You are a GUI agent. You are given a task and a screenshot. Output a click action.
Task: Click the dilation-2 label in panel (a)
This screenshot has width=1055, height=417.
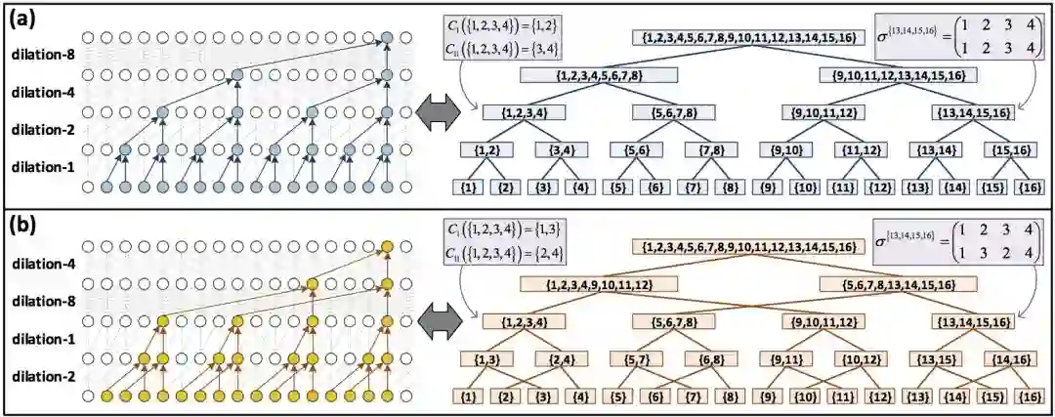(42, 130)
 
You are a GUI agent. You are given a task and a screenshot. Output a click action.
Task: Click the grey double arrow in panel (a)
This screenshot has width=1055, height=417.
(436, 111)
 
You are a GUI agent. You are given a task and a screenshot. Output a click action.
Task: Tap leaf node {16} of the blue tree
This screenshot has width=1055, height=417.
(1027, 186)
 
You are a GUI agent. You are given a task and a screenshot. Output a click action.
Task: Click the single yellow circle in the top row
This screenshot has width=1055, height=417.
(387, 245)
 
